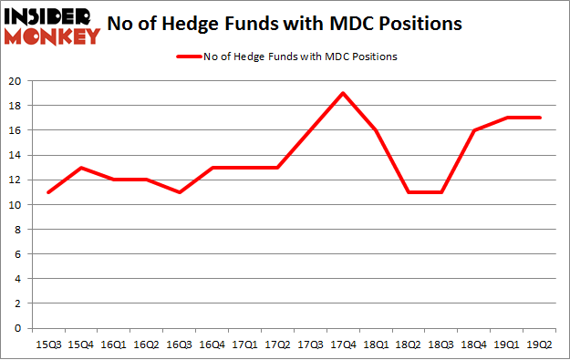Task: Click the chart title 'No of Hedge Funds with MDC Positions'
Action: coord(297,25)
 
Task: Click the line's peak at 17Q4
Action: coord(341,93)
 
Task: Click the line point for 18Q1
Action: coord(374,130)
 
